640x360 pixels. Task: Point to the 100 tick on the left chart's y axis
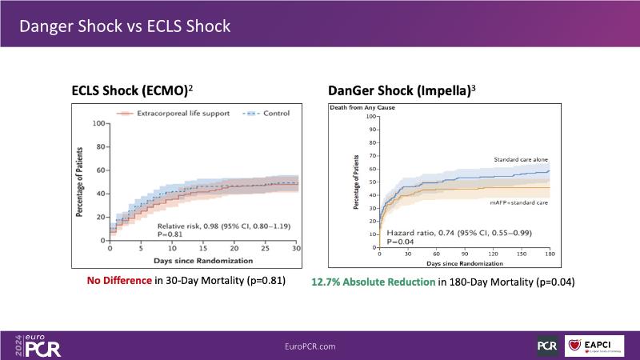(x=99, y=123)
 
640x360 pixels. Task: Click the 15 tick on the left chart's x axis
(x=203, y=249)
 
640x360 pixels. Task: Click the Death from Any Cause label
(x=360, y=107)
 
